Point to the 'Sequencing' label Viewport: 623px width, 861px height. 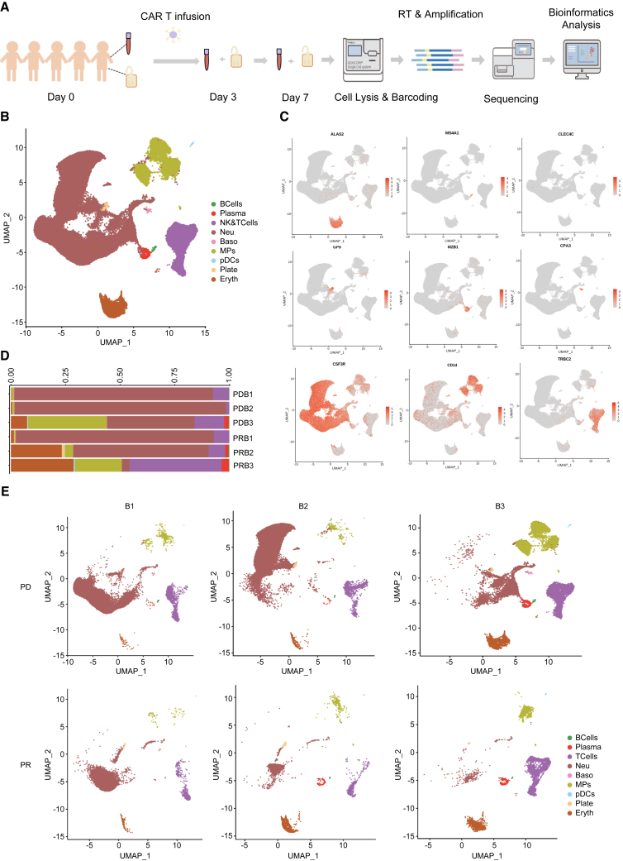(511, 98)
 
